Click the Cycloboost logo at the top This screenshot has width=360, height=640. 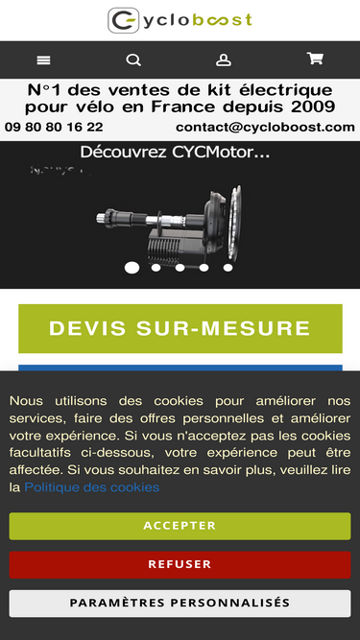(180, 20)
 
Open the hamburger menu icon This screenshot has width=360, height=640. (43, 60)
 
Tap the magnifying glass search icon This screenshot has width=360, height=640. (133, 60)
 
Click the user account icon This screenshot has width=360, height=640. (224, 60)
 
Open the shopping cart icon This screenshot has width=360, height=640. (315, 59)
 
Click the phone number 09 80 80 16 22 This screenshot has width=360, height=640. (54, 127)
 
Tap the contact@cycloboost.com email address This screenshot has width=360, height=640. (265, 127)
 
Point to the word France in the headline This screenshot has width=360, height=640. (183, 107)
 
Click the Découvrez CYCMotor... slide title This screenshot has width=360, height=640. (175, 153)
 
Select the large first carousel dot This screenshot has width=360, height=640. (132, 268)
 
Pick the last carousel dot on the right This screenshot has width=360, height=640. (228, 268)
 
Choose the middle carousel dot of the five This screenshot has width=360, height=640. (180, 268)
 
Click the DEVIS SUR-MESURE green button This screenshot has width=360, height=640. (180, 328)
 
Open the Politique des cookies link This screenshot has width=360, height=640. (92, 487)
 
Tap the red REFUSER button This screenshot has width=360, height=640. (180, 564)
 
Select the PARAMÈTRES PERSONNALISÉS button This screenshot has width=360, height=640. (180, 603)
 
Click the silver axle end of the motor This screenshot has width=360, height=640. (101, 218)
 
